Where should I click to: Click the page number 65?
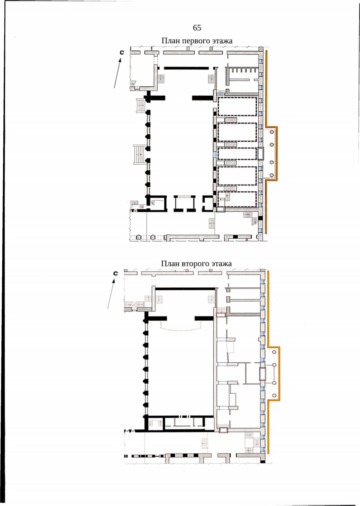coord(197,28)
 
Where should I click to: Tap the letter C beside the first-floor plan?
coord(122,52)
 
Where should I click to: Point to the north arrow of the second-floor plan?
coord(111,294)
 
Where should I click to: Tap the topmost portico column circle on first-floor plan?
coord(272,132)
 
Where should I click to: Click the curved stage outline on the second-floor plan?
coord(180,330)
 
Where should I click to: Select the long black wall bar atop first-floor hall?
coord(186,68)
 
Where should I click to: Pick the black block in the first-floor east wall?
coord(261,218)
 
